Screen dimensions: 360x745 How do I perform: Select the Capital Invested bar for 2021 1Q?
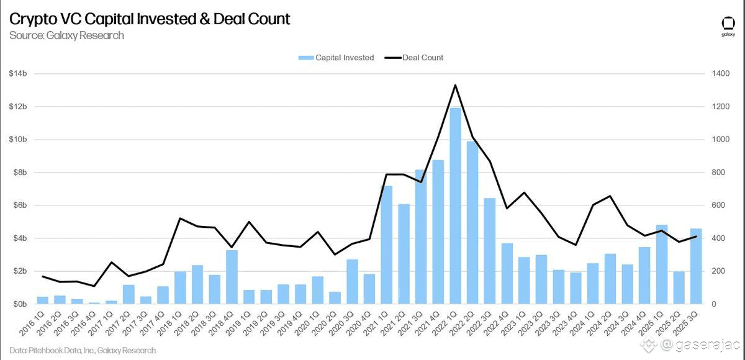(x=386, y=245)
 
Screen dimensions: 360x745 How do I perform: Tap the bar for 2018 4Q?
(x=232, y=277)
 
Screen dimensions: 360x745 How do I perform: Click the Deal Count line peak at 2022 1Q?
(x=455, y=85)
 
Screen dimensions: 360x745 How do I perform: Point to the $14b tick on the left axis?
(x=18, y=74)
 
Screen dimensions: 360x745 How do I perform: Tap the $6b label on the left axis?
(x=18, y=205)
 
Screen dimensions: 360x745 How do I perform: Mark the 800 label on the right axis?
(x=718, y=173)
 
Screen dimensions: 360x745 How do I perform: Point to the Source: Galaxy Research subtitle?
(x=66, y=35)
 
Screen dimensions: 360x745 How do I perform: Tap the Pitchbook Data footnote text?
(x=83, y=351)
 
